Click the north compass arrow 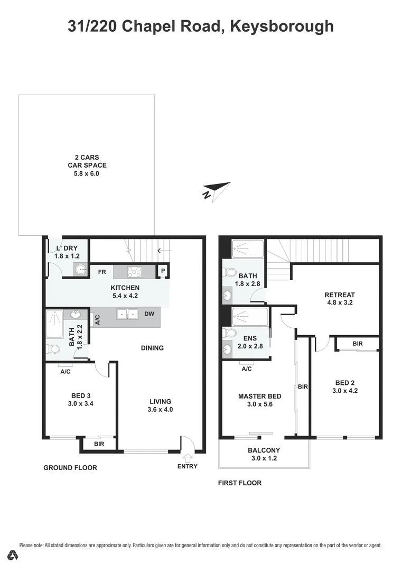coord(217,191)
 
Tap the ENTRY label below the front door coord(188,466)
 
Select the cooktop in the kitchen coord(135,272)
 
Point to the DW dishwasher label coord(149,314)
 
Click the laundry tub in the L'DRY coord(80,270)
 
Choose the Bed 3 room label coord(82,395)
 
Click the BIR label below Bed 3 coord(99,444)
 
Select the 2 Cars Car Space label coord(87,157)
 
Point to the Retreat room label coord(340,295)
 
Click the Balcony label coord(264,450)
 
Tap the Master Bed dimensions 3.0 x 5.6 coord(259,404)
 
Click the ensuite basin coord(228,348)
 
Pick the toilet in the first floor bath coord(229,273)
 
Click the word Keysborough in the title coord(282,25)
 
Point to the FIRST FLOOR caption coord(240,483)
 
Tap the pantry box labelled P coord(163,272)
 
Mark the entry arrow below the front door coord(188,457)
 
